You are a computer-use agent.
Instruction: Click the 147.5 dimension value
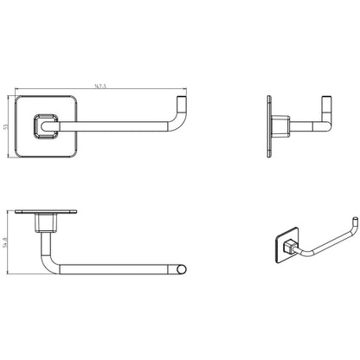[100, 86]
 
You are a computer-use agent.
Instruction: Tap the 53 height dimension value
[5, 127]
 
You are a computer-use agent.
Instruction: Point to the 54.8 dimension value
[5, 242]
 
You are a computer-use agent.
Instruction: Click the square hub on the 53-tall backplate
[47, 126]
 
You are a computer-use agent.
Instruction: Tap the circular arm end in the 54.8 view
[181, 269]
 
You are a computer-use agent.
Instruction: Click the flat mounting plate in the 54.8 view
[46, 212]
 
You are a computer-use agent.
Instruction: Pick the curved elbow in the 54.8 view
[49, 263]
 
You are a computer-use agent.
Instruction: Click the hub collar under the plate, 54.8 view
[45, 222]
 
